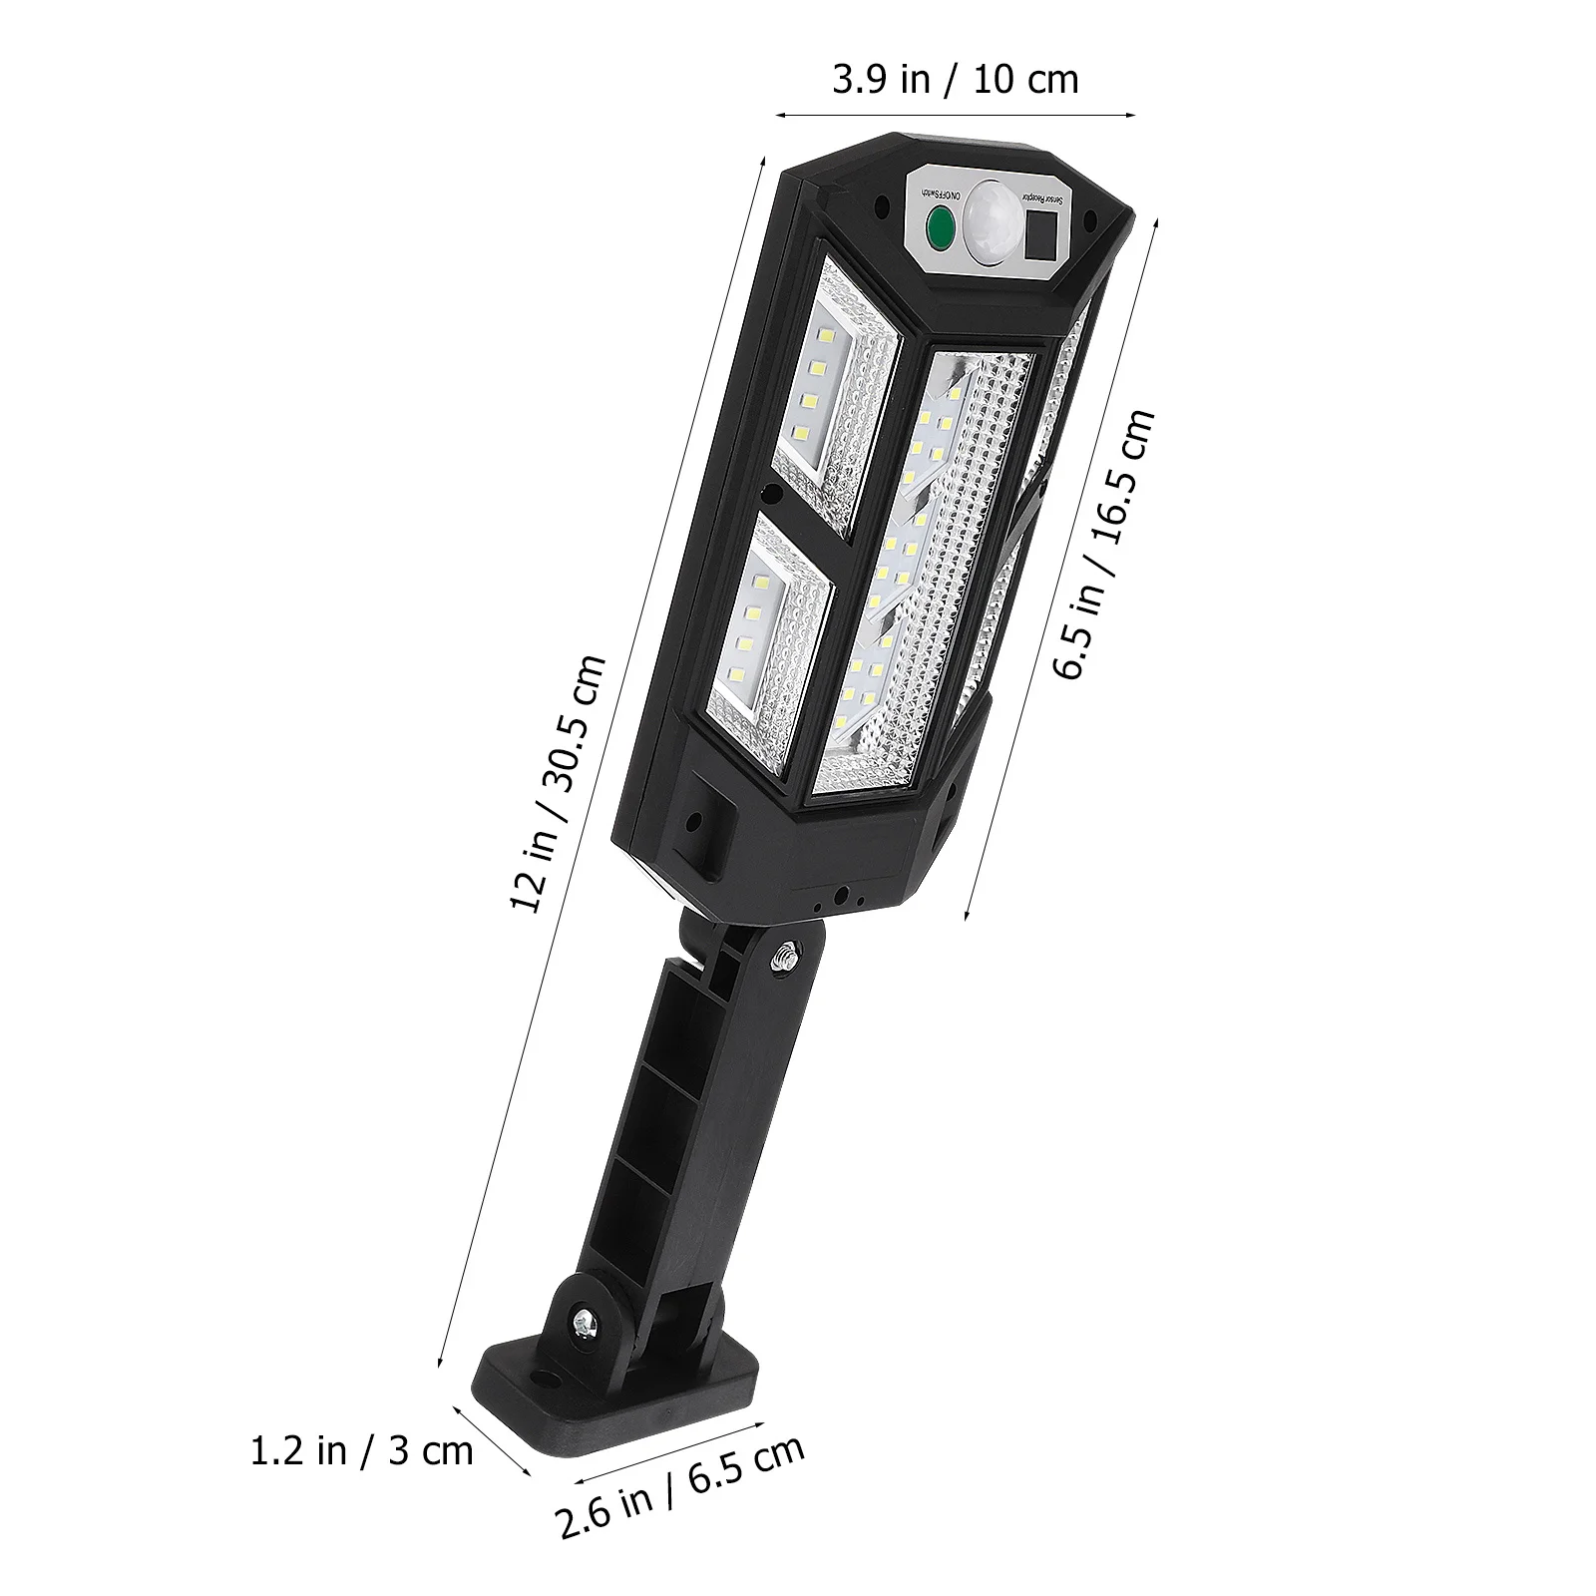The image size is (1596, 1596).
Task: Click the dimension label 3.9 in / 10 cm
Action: [956, 81]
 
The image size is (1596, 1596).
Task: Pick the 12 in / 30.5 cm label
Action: [559, 783]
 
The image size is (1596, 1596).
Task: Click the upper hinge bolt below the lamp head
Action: [783, 958]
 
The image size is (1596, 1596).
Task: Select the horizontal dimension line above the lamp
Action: [956, 115]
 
